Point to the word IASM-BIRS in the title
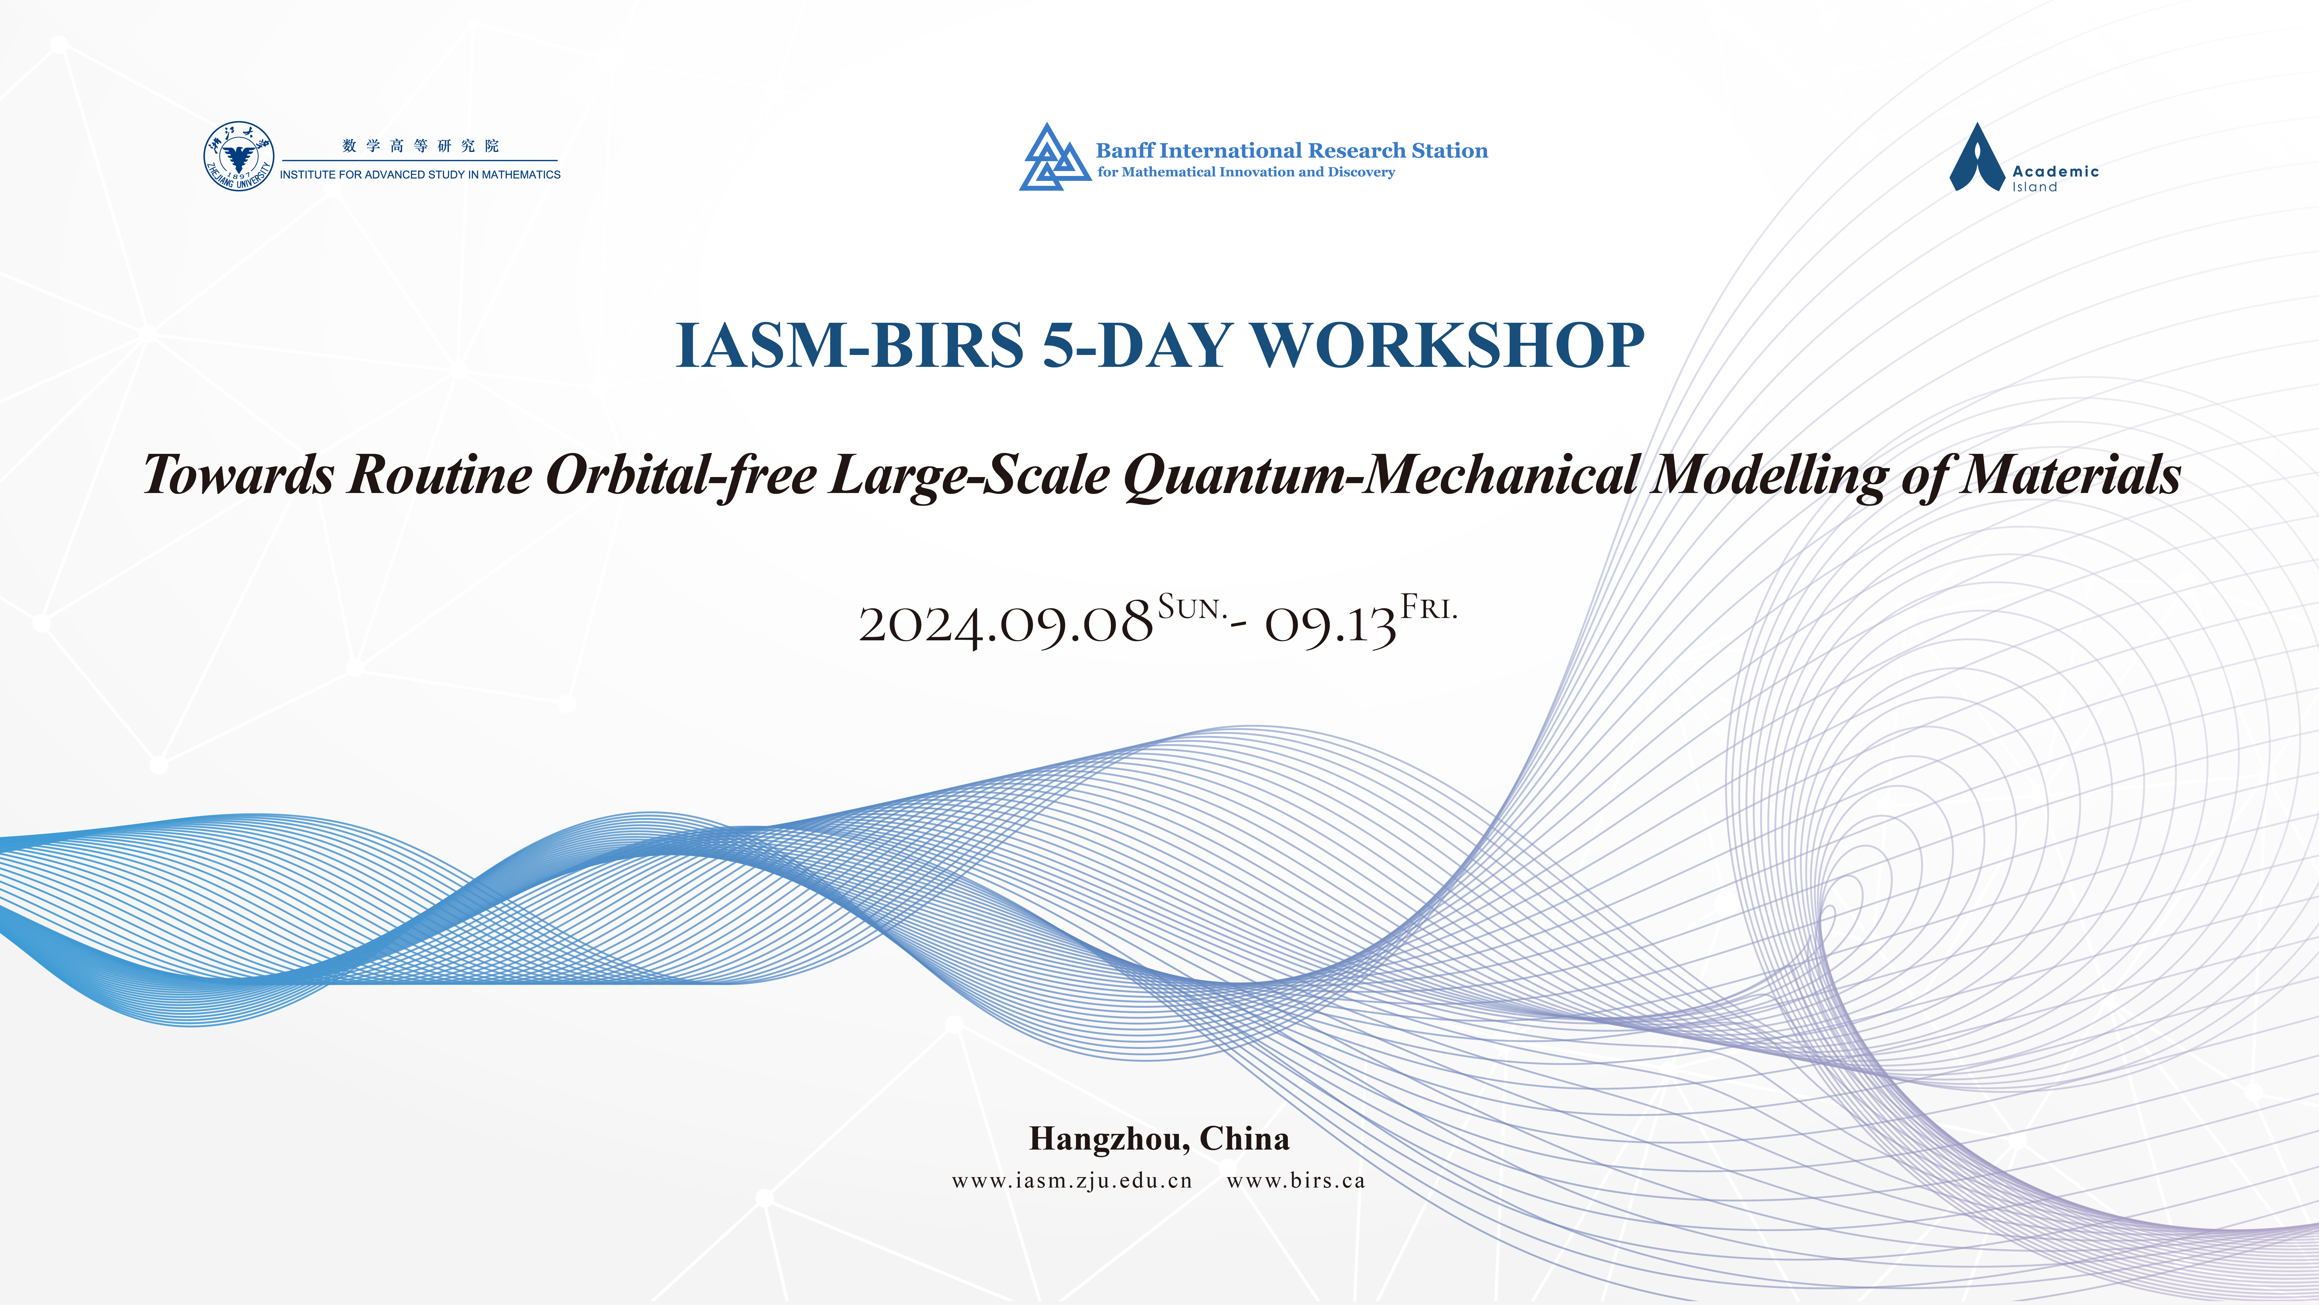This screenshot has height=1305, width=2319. [850, 345]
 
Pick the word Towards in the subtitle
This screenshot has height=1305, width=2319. [239, 475]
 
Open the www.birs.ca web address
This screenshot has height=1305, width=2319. [1295, 1181]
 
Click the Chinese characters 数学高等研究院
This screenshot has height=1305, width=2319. [420, 146]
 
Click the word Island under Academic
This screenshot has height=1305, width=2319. [2035, 187]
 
